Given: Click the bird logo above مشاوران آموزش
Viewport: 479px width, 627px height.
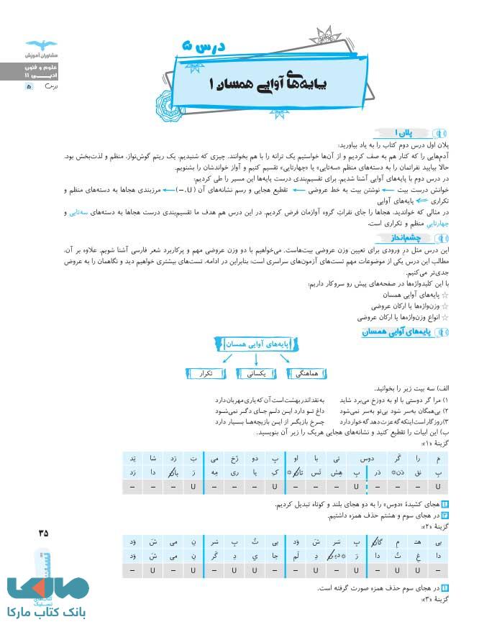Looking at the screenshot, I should (x=34, y=44).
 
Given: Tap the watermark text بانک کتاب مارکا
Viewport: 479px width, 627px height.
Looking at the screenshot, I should (x=47, y=612).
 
